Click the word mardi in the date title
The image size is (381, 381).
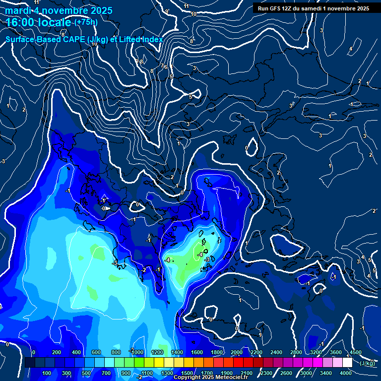(18, 10)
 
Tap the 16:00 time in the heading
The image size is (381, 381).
(20, 22)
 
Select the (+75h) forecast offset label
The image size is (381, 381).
(85, 22)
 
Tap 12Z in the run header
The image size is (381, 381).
(287, 8)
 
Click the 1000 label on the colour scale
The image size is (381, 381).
(136, 352)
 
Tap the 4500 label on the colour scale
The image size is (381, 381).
(356, 352)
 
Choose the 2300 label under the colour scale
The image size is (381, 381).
(266, 373)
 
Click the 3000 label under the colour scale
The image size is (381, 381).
(306, 373)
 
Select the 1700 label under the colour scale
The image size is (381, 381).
(207, 373)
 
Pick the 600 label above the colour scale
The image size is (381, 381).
(96, 352)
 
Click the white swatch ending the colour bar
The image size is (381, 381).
(347, 363)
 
